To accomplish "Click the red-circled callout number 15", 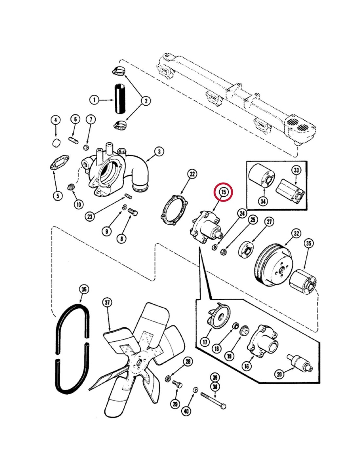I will (x=223, y=192).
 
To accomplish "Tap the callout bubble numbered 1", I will (x=94, y=100).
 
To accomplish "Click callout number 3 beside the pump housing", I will (x=159, y=151).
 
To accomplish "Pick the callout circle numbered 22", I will (x=192, y=174).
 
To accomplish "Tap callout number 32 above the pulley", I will (x=297, y=233).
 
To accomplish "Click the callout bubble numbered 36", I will (x=84, y=289).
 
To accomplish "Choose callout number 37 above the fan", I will (x=107, y=302).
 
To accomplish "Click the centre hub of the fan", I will (x=139, y=363).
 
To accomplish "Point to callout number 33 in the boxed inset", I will (x=296, y=170).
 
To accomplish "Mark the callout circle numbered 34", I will (x=263, y=201).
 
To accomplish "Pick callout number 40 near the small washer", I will (x=186, y=411).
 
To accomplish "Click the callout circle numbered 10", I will (x=79, y=204).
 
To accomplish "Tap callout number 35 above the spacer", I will (x=309, y=243).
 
